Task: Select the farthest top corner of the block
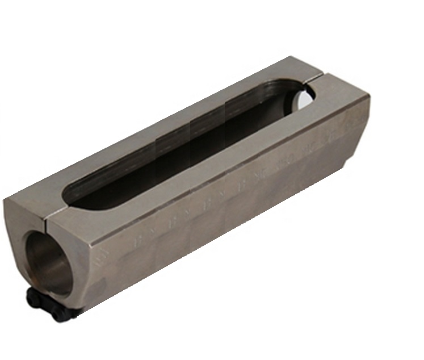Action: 291,57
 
